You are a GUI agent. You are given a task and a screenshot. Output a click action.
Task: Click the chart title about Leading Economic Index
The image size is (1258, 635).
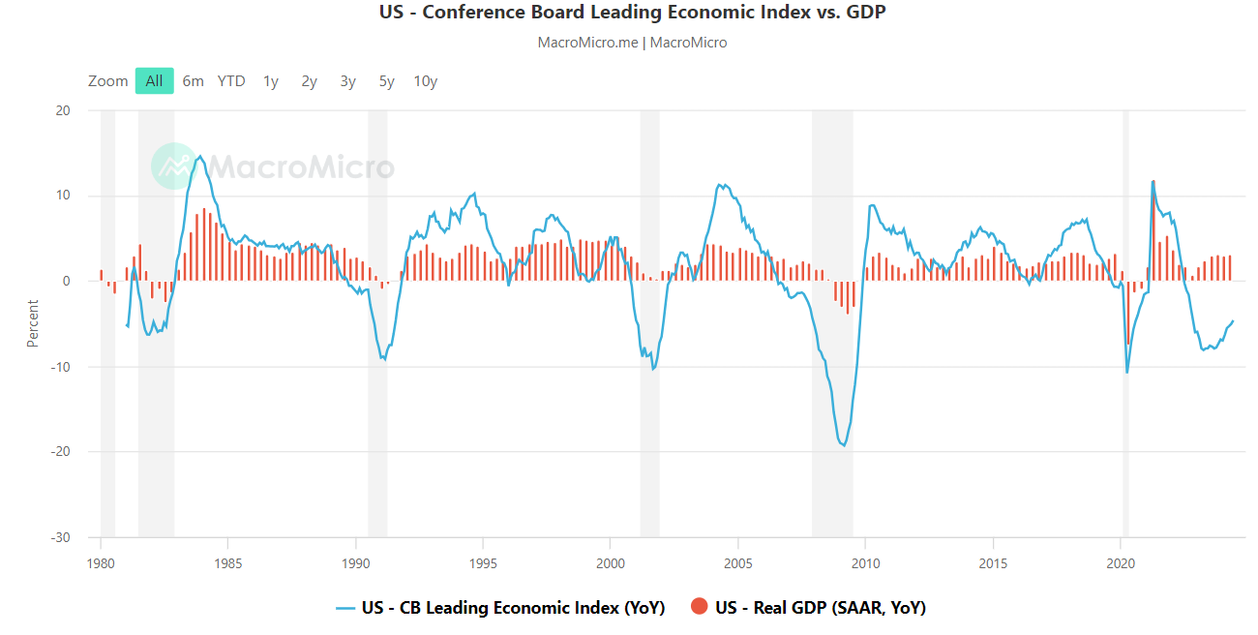pyautogui.click(x=632, y=13)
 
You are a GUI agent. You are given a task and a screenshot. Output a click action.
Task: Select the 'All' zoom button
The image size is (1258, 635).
pyautogui.click(x=155, y=81)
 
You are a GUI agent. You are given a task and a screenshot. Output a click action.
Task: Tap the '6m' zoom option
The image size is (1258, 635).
pyautogui.click(x=194, y=81)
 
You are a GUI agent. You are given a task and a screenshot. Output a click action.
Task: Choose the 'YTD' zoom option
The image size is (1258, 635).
pyautogui.click(x=231, y=81)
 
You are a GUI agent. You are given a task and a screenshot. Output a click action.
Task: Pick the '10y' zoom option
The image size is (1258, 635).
pyautogui.click(x=426, y=81)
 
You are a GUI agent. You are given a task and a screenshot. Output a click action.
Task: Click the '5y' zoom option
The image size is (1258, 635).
pyautogui.click(x=387, y=81)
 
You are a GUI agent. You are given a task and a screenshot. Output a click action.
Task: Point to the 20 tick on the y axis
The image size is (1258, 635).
pyautogui.click(x=62, y=110)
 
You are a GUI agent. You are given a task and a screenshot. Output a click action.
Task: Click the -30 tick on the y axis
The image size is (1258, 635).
pyautogui.click(x=60, y=537)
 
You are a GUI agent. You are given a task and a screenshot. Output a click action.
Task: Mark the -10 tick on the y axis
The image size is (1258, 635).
pyautogui.click(x=60, y=367)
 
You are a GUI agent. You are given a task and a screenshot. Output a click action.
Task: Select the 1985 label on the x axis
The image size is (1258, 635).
pyautogui.click(x=227, y=563)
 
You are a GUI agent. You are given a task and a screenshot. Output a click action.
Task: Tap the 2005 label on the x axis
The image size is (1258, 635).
pyautogui.click(x=737, y=563)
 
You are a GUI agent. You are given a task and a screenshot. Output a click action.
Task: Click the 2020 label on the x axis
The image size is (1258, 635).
pyautogui.click(x=1120, y=563)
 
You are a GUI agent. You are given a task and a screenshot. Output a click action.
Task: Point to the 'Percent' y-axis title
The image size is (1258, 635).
pyautogui.click(x=33, y=324)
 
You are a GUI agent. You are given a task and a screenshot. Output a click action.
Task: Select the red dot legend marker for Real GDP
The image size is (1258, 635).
pyautogui.click(x=700, y=607)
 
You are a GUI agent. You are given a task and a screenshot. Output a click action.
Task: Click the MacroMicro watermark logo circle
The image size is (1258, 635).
pyautogui.click(x=174, y=166)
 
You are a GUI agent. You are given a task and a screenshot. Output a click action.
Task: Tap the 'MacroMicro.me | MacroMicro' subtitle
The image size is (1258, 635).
pyautogui.click(x=632, y=43)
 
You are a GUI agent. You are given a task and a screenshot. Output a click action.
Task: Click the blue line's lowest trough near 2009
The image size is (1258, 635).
pyautogui.click(x=844, y=445)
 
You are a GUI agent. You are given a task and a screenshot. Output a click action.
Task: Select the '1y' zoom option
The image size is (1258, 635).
pyautogui.click(x=271, y=81)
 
